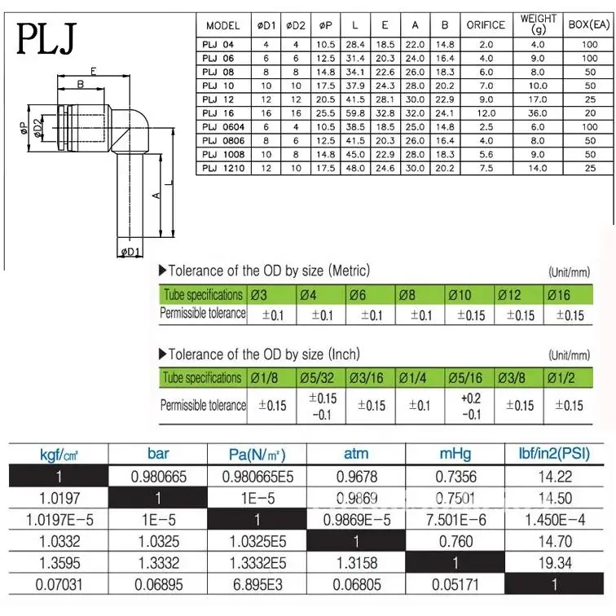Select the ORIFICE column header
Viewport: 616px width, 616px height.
[486, 25]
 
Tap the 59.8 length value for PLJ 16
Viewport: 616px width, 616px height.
[355, 113]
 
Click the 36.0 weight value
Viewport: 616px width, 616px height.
[538, 113]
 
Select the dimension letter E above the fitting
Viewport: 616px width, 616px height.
[94, 72]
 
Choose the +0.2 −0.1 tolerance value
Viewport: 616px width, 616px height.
[470, 405]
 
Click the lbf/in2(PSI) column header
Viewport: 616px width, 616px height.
[555, 454]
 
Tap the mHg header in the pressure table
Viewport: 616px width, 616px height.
[455, 454]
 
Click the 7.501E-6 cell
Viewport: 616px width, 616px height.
[455, 518]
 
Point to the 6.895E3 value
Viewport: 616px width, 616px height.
[257, 583]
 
